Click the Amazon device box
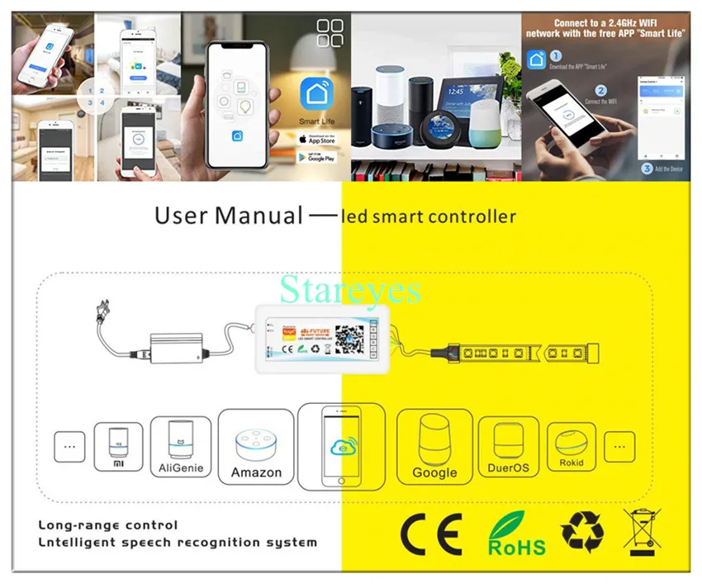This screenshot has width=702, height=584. pos(257,446)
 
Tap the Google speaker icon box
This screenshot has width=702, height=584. pos(434,446)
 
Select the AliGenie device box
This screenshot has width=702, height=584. pos(181,446)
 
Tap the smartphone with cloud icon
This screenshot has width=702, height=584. pos(341,447)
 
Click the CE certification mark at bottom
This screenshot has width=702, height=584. pos(431,534)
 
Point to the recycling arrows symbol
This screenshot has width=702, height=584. pos(583,533)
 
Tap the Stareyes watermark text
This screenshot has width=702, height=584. pos(350,289)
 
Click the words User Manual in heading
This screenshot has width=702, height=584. pos(229,216)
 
